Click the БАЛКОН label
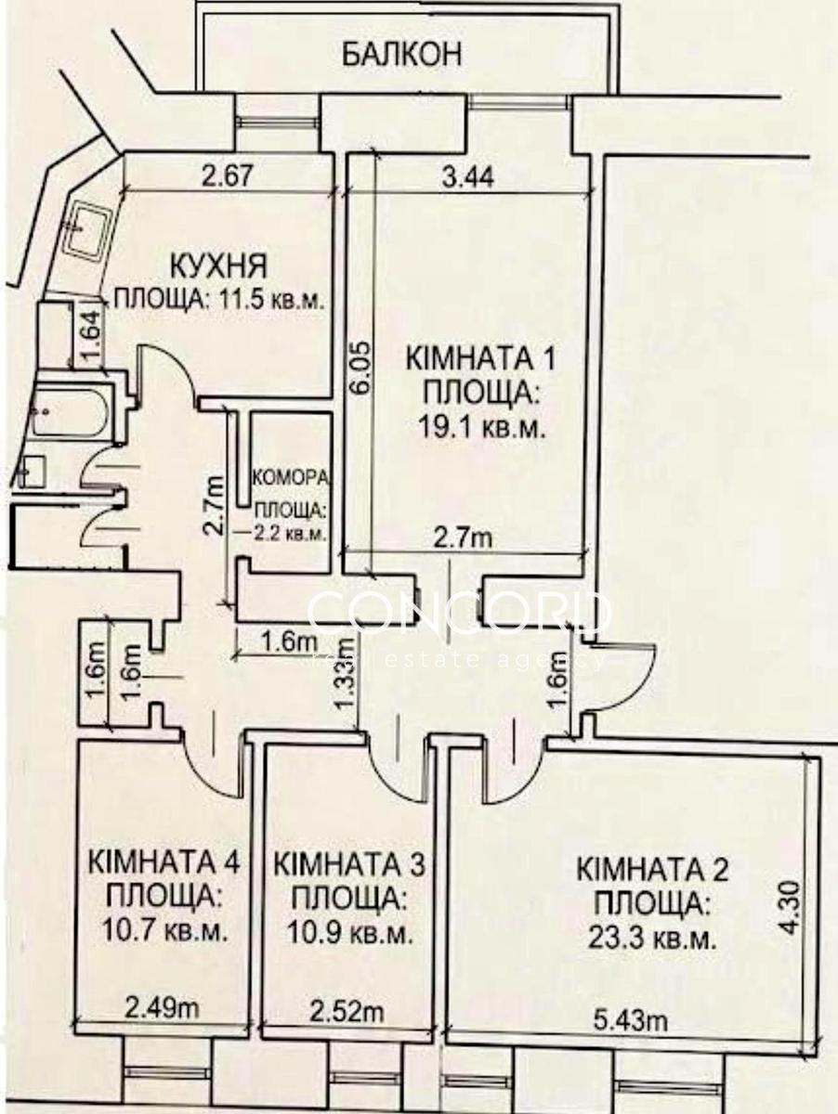pos(402,55)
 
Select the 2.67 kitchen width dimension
pos(227,177)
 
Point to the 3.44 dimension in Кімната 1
pos(467,178)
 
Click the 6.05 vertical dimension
pos(362,369)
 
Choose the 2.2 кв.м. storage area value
pos(291,534)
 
